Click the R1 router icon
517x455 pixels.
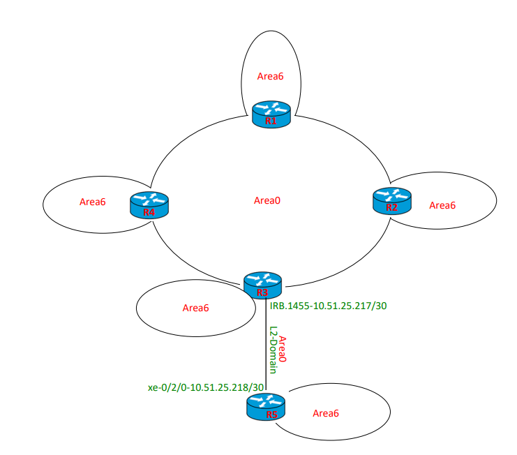click(271, 113)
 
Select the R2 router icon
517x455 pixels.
click(392, 200)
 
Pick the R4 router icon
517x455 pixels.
click(149, 204)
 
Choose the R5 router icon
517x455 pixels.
click(266, 407)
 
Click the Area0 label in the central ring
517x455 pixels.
click(267, 200)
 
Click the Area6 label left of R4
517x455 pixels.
click(92, 202)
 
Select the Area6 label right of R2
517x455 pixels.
click(442, 205)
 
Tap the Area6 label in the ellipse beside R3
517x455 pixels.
click(195, 308)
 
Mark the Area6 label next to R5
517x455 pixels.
click(326, 413)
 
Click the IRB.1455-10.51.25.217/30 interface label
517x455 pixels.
click(327, 306)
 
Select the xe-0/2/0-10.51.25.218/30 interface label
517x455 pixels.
click(206, 387)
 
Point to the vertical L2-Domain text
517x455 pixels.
click(273, 349)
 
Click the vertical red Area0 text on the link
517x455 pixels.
click(283, 348)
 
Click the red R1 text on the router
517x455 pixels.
click(271, 121)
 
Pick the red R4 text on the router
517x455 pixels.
click(149, 212)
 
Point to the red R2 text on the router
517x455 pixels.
click(392, 207)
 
